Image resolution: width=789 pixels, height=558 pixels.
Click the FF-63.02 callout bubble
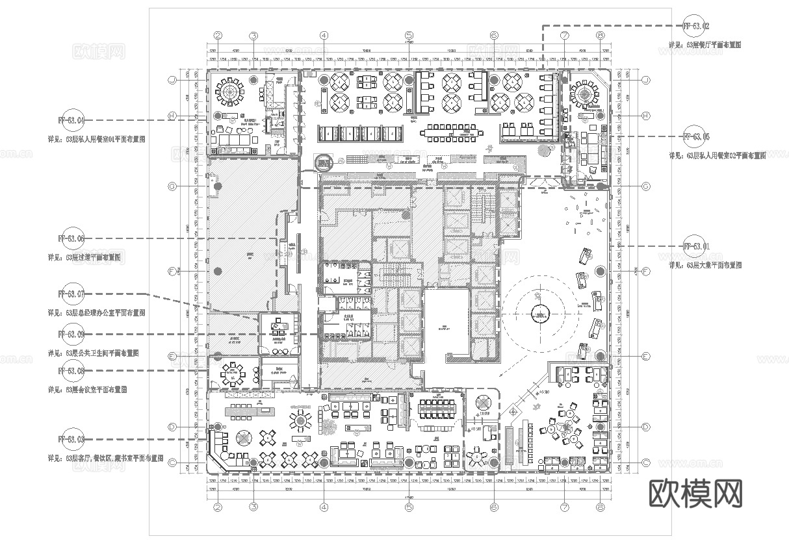(x=696, y=27)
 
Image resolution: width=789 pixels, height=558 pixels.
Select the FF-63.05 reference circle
(x=696, y=137)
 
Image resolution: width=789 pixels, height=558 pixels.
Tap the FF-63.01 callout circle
(x=696, y=246)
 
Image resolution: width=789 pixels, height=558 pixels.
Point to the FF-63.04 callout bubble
(x=71, y=120)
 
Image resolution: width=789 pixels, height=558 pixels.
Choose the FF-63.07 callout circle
(x=71, y=294)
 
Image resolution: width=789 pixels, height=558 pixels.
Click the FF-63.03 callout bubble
(x=71, y=440)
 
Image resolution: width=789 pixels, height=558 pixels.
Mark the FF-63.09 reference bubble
(x=71, y=335)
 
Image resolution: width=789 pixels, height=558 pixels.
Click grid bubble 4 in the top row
(x=324, y=36)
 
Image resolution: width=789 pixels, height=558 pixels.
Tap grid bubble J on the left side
(x=172, y=80)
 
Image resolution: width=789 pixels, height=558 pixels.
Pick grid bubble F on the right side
(x=645, y=271)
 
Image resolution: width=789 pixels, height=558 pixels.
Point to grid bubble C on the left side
(x=172, y=463)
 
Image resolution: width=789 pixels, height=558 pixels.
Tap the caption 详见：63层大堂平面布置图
(x=705, y=265)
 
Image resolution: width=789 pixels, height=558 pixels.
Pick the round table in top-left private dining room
(x=228, y=92)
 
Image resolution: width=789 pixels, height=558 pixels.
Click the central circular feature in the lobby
(x=539, y=314)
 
